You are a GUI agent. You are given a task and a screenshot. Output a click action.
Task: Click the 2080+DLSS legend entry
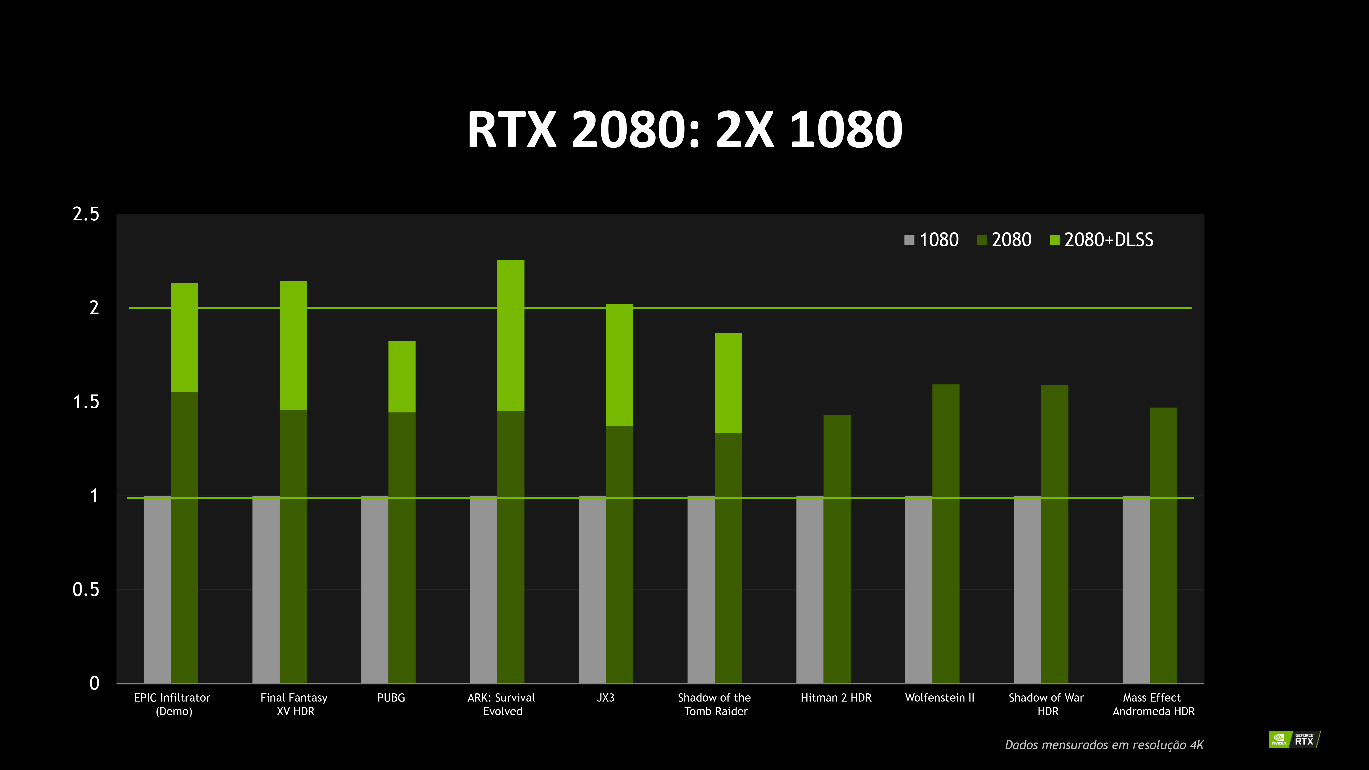(x=1102, y=240)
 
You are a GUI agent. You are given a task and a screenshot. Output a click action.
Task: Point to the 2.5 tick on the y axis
(x=86, y=214)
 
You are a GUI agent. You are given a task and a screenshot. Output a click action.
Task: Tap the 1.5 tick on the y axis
(x=86, y=402)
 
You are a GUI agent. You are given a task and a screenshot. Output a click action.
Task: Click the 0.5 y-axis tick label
(x=86, y=589)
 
